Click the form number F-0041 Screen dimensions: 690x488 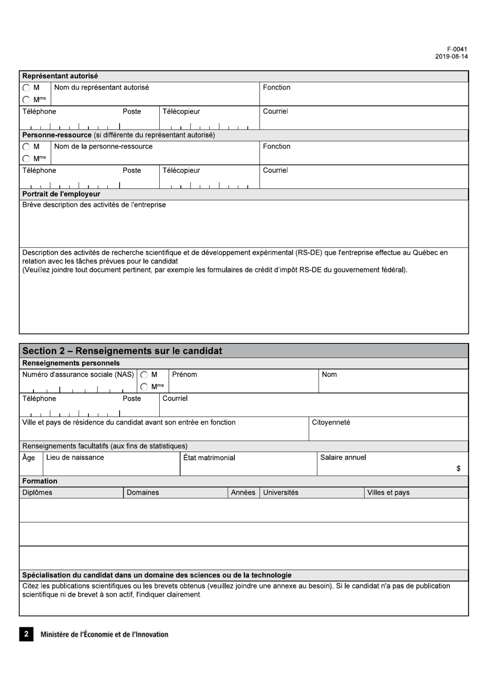(457, 49)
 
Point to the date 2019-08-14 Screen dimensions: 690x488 (451, 57)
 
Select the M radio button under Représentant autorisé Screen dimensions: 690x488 (26, 88)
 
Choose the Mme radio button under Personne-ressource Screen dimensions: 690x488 (26, 158)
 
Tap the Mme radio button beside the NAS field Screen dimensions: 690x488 (144, 387)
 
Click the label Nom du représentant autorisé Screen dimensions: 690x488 (101, 87)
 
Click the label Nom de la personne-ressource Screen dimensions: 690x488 (103, 147)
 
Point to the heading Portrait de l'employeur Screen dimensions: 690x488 (61, 194)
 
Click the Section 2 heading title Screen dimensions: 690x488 (122, 351)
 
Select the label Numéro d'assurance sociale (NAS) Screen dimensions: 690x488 (78, 374)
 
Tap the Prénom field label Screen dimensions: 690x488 (184, 374)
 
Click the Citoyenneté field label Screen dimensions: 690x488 (331, 422)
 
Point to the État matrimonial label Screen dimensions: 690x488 (209, 458)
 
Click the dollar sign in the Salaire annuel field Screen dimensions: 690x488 (458, 468)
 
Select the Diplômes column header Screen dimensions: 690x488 (37, 493)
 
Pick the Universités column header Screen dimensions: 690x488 (280, 493)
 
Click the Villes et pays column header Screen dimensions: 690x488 (388, 493)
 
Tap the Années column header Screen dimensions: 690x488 (243, 493)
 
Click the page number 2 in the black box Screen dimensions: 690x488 (26, 634)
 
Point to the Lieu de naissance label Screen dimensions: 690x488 (75, 458)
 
